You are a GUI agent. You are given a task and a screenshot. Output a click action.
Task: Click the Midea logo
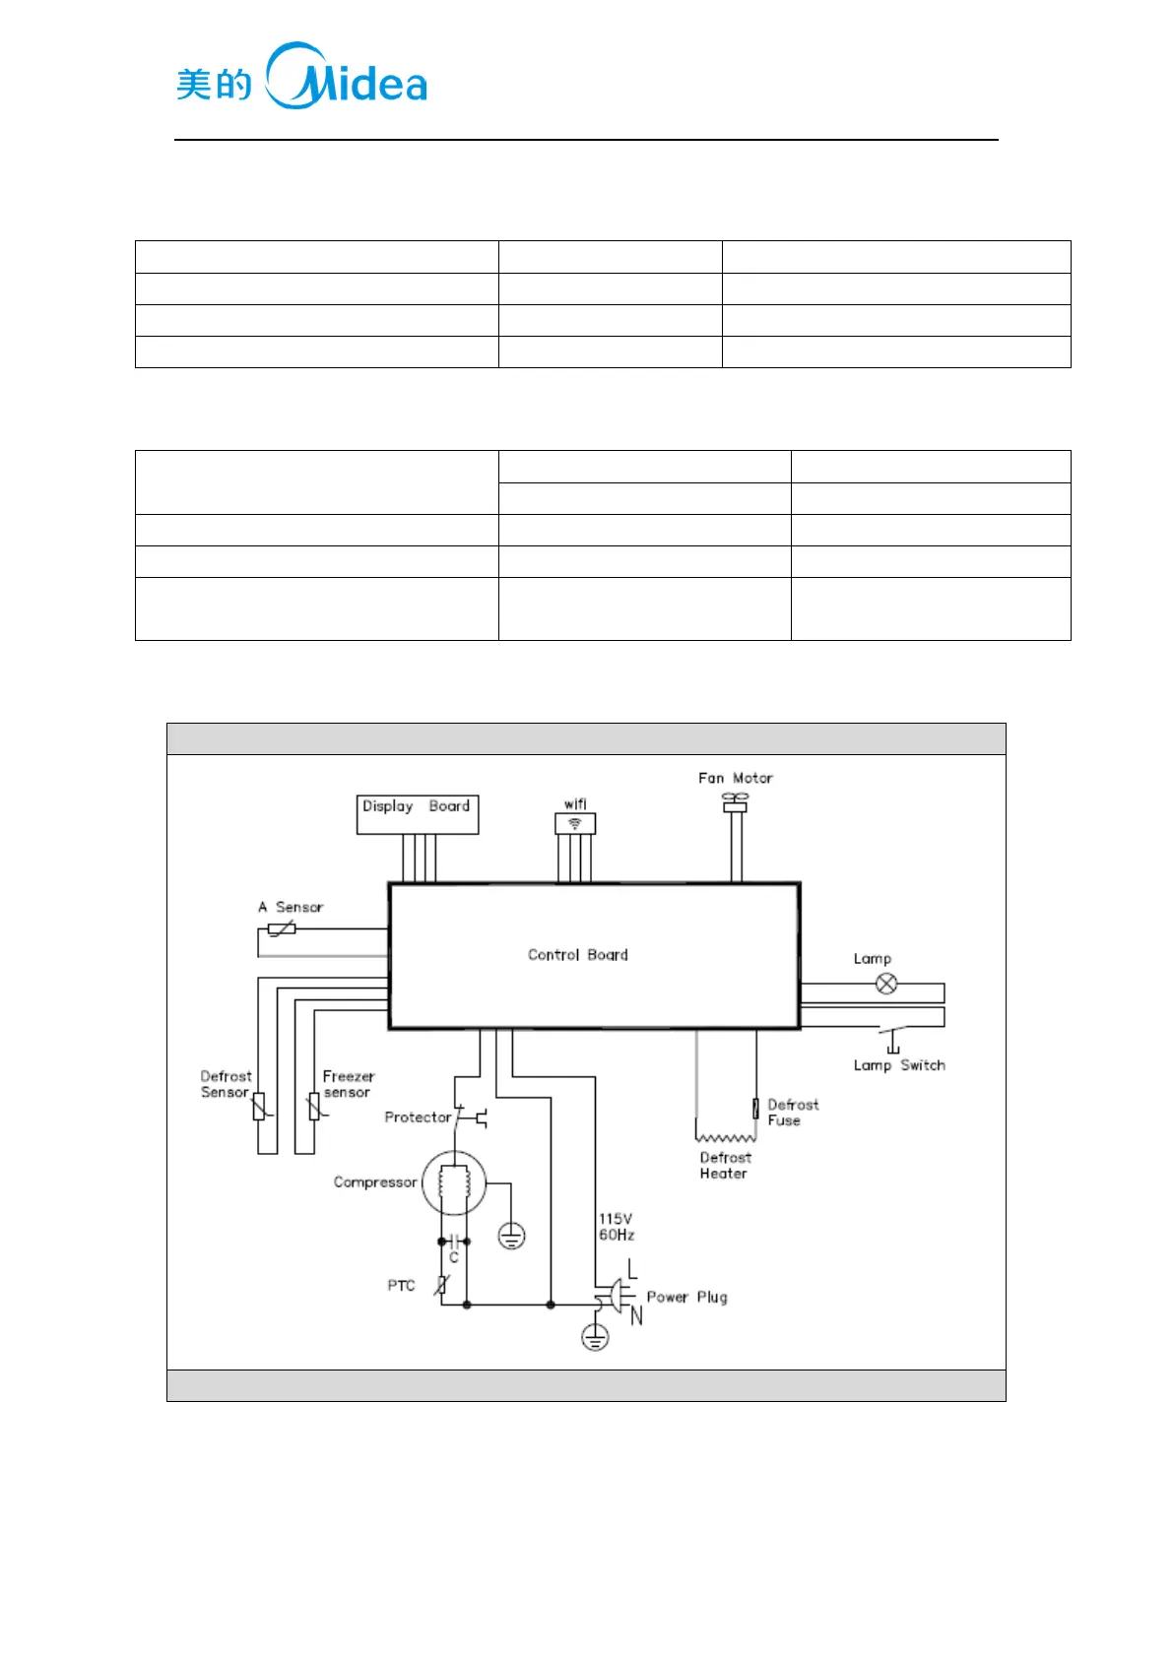(x=301, y=77)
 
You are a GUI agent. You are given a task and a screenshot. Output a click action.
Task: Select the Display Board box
(x=417, y=814)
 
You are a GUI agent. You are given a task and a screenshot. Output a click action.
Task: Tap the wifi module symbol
(x=575, y=823)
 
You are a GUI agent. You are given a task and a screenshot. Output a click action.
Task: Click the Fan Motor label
(x=735, y=778)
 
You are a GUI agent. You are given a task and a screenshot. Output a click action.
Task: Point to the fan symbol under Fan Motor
(x=735, y=800)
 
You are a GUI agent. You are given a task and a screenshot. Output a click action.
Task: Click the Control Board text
(x=577, y=955)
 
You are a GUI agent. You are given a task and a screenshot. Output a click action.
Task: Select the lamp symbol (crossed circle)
(x=886, y=984)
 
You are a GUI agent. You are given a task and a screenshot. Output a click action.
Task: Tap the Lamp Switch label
(x=898, y=1065)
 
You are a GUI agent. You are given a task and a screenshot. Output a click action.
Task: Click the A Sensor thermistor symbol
(x=282, y=928)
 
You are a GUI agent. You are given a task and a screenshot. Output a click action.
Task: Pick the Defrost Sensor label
(x=226, y=1084)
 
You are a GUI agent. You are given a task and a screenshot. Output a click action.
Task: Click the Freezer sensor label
(x=348, y=1084)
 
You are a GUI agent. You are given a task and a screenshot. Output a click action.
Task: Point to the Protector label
(x=418, y=1117)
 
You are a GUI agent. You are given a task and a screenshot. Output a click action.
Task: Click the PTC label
(x=401, y=1286)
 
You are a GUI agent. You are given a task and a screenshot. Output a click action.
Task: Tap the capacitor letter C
(x=454, y=1258)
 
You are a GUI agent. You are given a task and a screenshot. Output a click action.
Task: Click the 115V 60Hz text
(x=617, y=1227)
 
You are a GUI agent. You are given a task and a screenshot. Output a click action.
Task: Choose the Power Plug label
(x=686, y=1298)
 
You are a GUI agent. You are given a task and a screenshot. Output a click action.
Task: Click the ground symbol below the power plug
(x=595, y=1337)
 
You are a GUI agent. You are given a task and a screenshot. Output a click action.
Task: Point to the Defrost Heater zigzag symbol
(x=725, y=1137)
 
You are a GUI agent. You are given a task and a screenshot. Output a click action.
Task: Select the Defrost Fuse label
(x=792, y=1113)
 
